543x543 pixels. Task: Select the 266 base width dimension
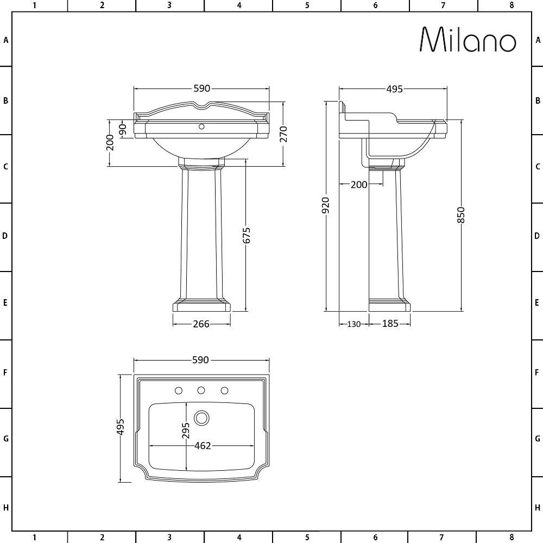coord(201,324)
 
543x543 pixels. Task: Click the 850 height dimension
coord(462,215)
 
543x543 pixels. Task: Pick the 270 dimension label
coord(283,134)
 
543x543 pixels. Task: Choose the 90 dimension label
coord(123,129)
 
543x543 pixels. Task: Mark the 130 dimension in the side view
coord(353,324)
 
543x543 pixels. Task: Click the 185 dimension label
coord(390,324)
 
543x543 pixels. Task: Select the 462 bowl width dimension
coord(202,446)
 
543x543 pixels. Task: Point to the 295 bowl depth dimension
coord(186,431)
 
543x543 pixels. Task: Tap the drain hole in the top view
coord(202,417)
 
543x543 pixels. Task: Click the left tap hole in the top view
coord(178,390)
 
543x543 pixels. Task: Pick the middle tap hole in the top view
coord(201,390)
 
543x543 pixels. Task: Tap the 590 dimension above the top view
coord(201,360)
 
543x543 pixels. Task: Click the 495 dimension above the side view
coord(394,89)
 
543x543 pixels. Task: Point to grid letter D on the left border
coord(6,236)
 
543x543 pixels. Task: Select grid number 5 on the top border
coord(307,5)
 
